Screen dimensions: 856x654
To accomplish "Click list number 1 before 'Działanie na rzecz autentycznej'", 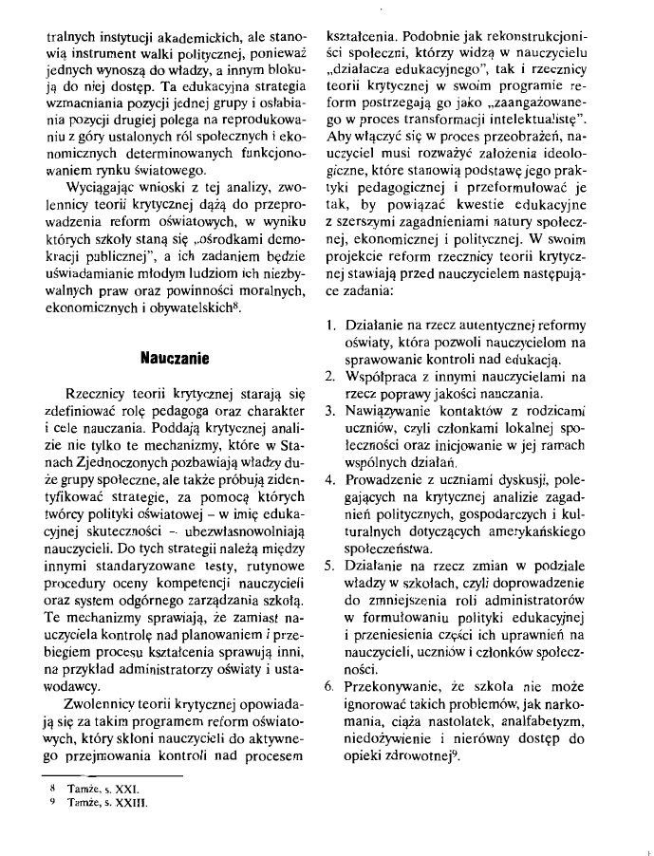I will click(327, 326).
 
